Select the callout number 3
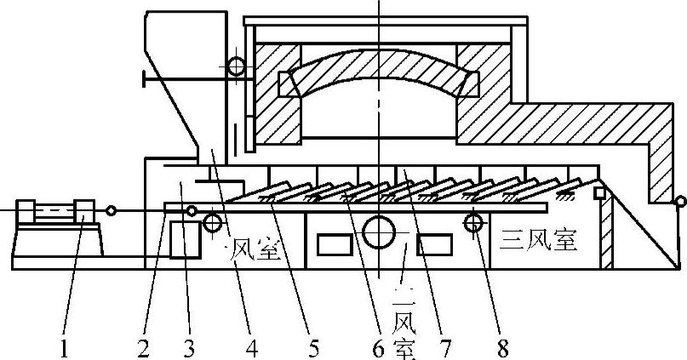click(189, 346)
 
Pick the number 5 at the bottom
click(313, 346)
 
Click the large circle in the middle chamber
click(378, 232)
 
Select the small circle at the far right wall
click(679, 203)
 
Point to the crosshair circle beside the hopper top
click(233, 65)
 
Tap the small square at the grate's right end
click(598, 192)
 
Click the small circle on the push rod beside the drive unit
click(111, 209)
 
